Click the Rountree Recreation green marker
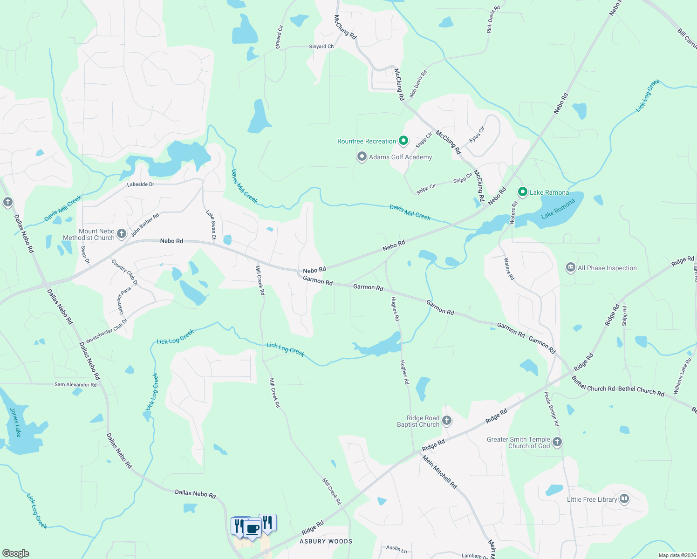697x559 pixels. point(404,141)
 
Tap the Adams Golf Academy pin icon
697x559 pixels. point(362,157)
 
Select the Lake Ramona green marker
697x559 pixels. point(523,192)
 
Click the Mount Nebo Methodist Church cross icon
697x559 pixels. point(122,234)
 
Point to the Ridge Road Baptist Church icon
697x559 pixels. point(446,421)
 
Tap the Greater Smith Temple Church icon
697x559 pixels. point(557,442)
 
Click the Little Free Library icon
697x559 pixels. point(624,499)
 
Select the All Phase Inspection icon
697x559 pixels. point(570,267)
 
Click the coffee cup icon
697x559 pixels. point(252,529)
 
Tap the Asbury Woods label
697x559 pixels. point(326,541)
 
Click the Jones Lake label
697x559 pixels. point(15,422)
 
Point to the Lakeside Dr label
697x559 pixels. point(141,184)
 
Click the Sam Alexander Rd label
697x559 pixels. point(75,384)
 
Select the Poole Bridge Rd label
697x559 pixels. point(552,409)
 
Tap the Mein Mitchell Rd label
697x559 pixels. point(440,472)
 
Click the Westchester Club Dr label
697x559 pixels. point(107,331)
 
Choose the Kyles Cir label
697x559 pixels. point(477,135)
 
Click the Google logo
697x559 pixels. point(15,553)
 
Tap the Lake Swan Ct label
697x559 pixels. point(211,225)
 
